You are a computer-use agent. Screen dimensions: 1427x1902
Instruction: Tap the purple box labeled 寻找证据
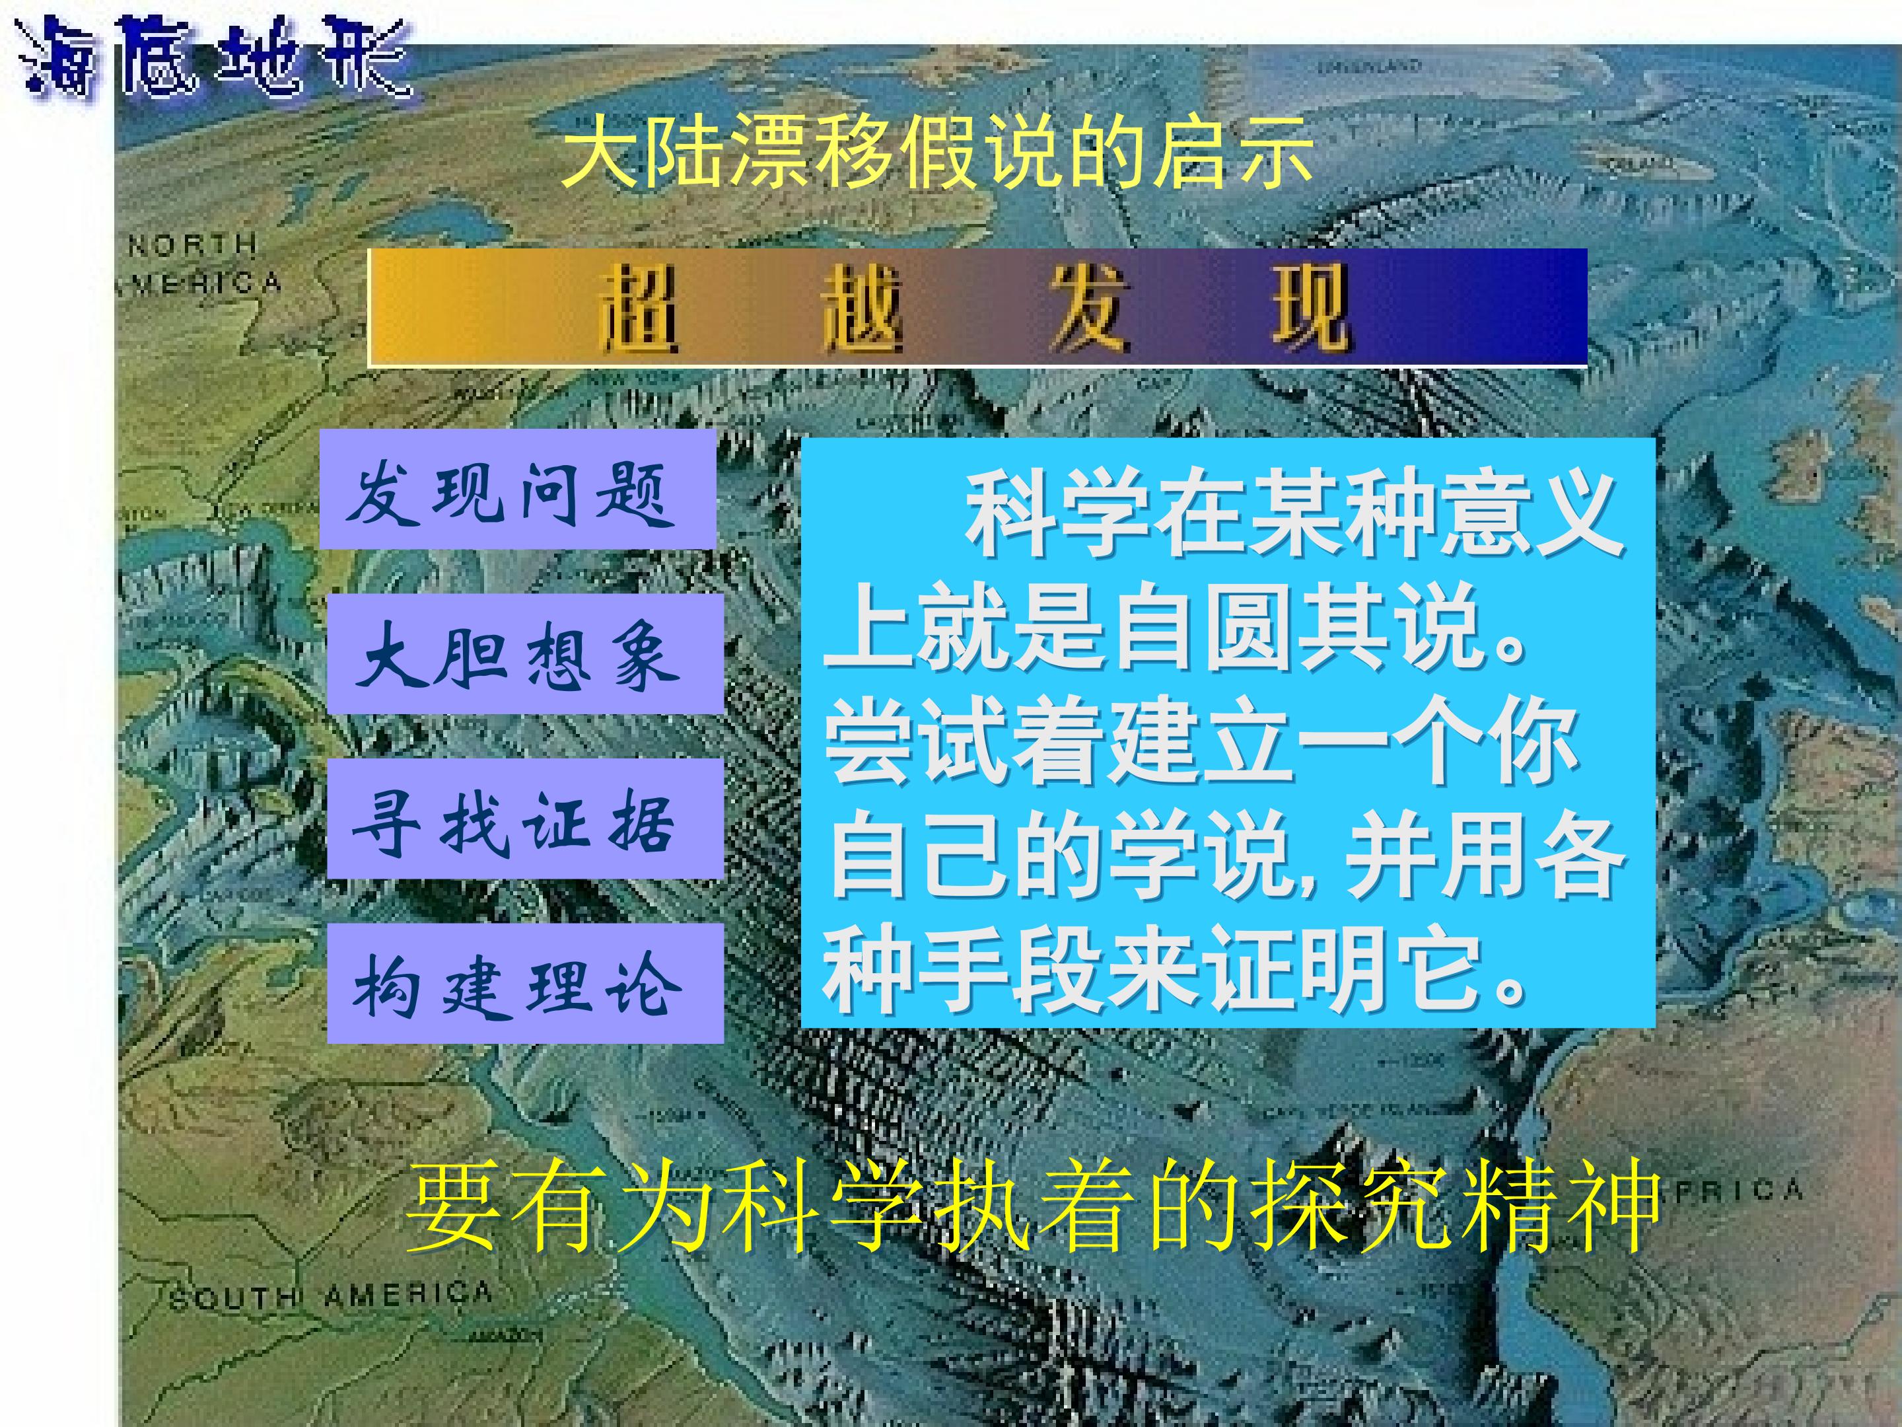click(x=524, y=818)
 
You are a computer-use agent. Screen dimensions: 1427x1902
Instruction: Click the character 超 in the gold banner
click(x=639, y=308)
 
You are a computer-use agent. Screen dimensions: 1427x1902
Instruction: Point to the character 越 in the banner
click(x=862, y=308)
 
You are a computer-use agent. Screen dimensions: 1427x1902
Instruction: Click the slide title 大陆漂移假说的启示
click(x=937, y=155)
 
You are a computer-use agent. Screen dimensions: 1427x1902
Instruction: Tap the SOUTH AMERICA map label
click(x=331, y=1294)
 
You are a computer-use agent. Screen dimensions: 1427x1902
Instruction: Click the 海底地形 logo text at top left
click(x=215, y=56)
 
